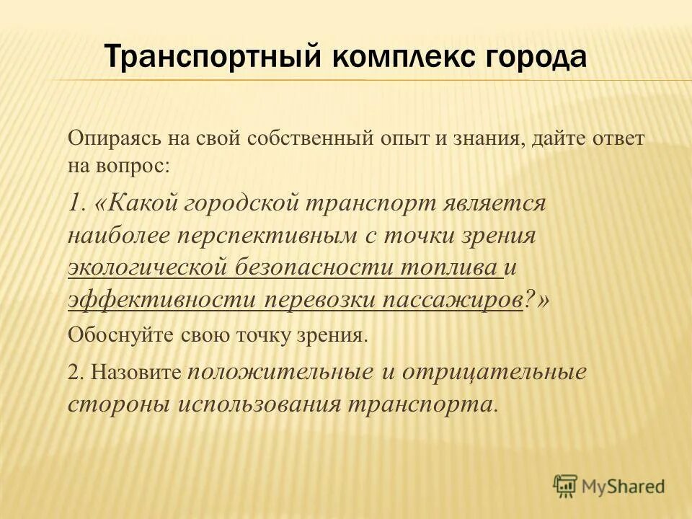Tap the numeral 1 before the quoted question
point(74,203)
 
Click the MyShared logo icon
point(566,487)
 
